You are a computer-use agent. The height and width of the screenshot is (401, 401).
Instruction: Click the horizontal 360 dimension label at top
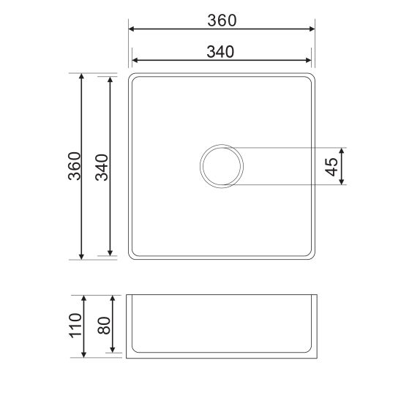pyautogui.click(x=222, y=20)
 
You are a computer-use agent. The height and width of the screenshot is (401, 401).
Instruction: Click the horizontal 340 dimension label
pyautogui.click(x=220, y=52)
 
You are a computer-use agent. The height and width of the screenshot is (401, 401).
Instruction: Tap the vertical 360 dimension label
pyautogui.click(x=75, y=166)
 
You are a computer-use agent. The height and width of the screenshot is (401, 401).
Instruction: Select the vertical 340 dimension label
pyautogui.click(x=102, y=168)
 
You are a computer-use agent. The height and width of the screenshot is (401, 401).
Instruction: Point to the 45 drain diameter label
pyautogui.click(x=331, y=167)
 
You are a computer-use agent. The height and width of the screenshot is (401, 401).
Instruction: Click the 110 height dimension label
pyautogui.click(x=76, y=326)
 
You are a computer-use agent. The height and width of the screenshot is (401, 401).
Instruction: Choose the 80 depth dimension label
pyautogui.click(x=104, y=326)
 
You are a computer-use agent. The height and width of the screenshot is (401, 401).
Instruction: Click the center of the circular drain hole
pyautogui.click(x=222, y=166)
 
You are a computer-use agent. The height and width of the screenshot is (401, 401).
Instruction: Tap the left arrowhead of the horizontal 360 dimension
pyautogui.click(x=131, y=29)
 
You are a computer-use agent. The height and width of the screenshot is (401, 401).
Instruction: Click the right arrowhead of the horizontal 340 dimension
pyautogui.click(x=308, y=60)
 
